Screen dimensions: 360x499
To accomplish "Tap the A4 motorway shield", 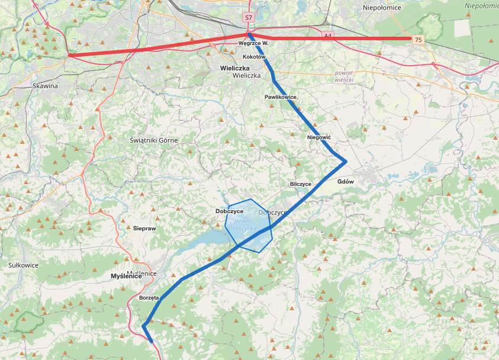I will [327, 36].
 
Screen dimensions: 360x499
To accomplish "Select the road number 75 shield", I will [418, 40].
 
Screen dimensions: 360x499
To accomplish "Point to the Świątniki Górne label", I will [153, 140].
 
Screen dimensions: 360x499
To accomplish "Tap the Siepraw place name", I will [144, 228].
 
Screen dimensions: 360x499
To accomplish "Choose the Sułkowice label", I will [23, 265].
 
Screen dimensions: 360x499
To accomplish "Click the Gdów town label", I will [345, 182].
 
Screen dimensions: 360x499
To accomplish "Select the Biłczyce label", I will [301, 184].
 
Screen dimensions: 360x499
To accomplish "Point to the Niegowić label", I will [319, 137].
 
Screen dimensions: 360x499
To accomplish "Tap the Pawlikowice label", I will [281, 97].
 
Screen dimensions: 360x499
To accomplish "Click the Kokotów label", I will [255, 57].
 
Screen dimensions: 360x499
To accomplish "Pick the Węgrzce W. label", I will [253, 43].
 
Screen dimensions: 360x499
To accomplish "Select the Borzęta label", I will [149, 298].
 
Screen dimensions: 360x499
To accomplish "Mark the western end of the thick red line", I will [69, 55].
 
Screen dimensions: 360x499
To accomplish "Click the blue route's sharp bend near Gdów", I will [345, 161].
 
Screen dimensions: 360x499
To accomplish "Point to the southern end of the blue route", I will [152, 342].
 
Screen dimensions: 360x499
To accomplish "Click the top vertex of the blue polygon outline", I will [253, 199].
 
